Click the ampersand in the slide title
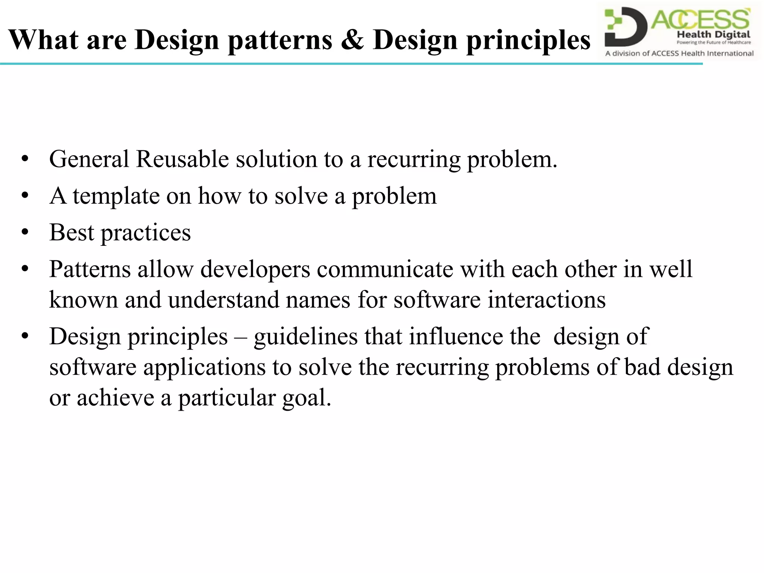(352, 40)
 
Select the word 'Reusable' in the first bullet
(182, 159)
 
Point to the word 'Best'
(71, 232)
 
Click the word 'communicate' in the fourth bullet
(385, 269)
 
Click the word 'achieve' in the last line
(115, 398)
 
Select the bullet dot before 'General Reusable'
(25, 160)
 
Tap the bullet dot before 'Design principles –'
(25, 337)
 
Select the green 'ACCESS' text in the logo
(701, 19)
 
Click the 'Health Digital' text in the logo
(713, 35)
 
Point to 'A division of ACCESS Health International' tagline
(679, 53)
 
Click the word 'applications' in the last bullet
(204, 367)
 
